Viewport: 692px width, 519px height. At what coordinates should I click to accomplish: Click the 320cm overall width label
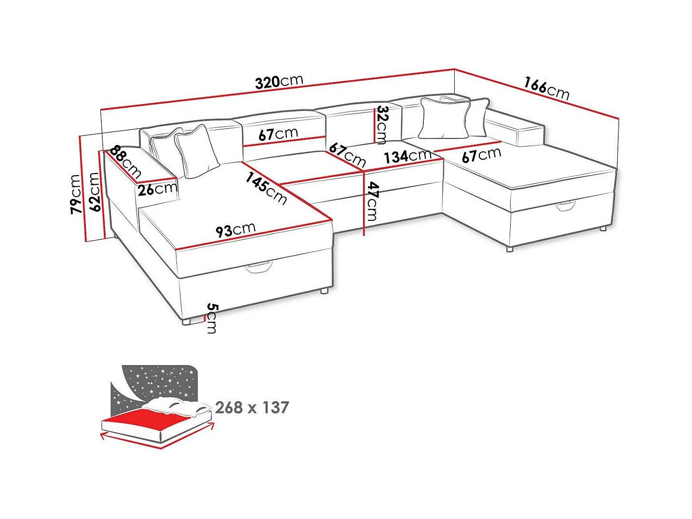point(279,82)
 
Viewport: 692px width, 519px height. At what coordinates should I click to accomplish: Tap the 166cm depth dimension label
point(546,88)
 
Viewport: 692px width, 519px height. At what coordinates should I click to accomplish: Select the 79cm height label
point(75,194)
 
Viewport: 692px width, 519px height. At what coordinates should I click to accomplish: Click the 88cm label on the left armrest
point(125,162)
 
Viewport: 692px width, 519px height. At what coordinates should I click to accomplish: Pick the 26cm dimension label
point(157,189)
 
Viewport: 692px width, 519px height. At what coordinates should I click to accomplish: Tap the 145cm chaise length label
point(266,188)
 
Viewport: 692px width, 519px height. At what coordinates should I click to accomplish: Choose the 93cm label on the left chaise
point(235,230)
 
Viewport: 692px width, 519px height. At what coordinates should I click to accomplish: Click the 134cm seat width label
point(407,156)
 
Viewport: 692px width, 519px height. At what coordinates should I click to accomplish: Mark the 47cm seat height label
point(372,201)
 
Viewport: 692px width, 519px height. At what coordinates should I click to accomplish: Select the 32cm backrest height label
point(382,124)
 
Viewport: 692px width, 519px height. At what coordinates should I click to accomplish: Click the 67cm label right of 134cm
point(481,155)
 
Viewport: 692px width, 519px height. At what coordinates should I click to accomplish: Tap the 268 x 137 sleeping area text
point(252,408)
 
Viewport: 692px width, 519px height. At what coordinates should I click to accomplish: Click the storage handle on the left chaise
point(258,267)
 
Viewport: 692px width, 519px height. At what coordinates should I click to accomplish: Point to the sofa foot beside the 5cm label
point(187,321)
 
